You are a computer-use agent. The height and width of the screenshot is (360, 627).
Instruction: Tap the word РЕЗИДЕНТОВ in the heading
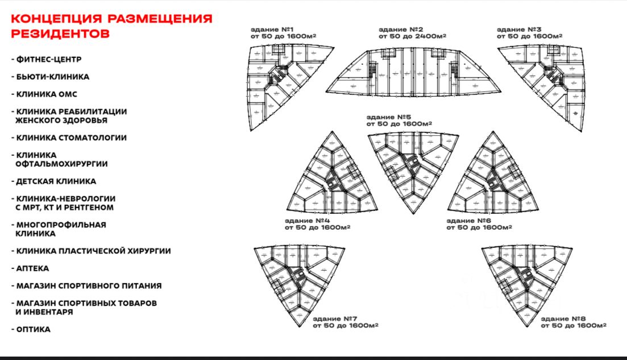[x=60, y=33]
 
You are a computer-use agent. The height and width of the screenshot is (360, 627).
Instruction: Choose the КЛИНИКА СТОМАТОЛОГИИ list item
[x=71, y=138]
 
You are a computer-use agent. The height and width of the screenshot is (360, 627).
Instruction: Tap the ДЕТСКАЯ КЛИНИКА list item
[x=56, y=181]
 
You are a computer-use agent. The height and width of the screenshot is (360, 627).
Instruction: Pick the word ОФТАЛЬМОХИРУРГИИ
[x=62, y=164]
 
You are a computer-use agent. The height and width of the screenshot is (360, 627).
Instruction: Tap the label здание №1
[x=272, y=29]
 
